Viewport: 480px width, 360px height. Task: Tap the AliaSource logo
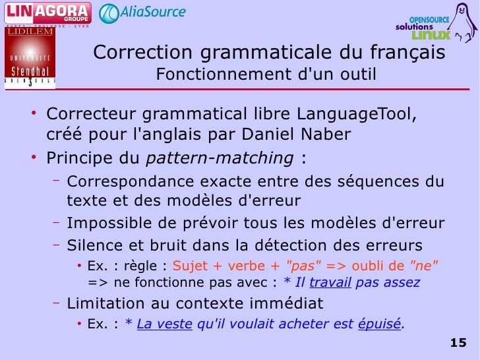tap(142, 13)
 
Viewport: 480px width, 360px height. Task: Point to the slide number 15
tap(458, 342)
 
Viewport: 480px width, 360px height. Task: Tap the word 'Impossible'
tap(105, 223)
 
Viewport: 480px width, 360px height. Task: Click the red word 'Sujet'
tap(189, 266)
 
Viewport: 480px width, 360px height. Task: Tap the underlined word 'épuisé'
tap(379, 324)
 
